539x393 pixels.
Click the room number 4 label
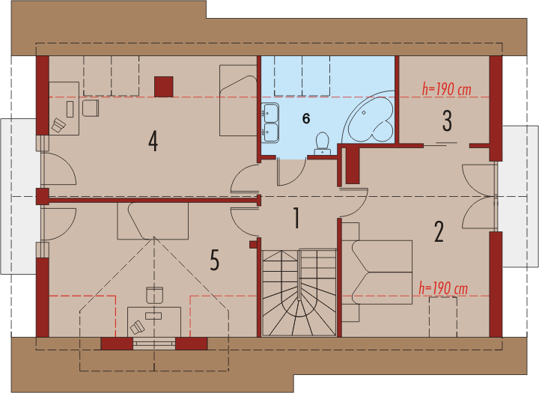153,141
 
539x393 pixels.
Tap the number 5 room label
214,261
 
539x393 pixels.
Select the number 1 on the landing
296,218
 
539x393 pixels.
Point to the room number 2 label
439,232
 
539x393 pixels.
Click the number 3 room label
447,121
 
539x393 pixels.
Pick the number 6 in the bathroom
306,118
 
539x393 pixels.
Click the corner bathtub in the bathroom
369,117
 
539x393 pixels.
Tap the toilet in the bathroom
323,144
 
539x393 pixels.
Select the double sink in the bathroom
270,122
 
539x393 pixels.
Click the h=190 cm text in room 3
446,90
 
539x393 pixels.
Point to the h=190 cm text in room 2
443,288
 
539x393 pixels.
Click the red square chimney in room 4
164,87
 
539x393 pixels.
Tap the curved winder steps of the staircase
299,302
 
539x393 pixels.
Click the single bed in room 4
238,100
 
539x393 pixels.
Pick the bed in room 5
153,221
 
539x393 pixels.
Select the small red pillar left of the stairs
253,245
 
